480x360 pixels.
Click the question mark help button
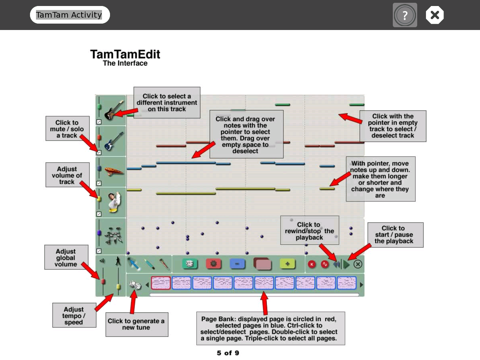[x=405, y=15]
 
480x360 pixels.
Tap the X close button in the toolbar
[x=435, y=15]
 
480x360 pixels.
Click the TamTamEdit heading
[x=125, y=54]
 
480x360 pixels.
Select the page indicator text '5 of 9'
[x=228, y=353]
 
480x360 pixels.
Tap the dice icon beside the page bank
[x=135, y=285]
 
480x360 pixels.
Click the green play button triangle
[x=346, y=264]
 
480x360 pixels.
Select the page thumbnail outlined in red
[x=161, y=283]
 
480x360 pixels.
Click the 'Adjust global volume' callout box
[x=66, y=257]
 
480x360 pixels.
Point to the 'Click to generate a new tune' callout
[x=136, y=324]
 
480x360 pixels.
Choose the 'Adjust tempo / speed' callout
[x=74, y=316]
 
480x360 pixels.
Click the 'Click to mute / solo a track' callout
[x=67, y=129]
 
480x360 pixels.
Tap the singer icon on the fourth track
[x=113, y=202]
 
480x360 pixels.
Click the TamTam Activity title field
[x=69, y=15]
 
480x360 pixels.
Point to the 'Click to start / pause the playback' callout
[x=395, y=235]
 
